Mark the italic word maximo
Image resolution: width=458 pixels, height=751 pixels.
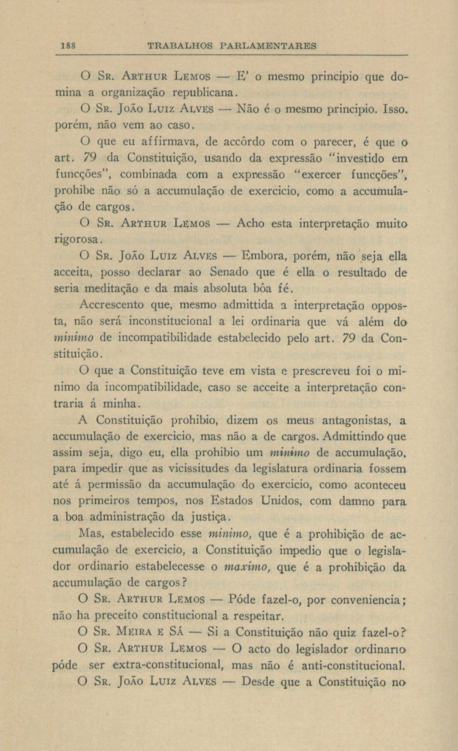247,567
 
